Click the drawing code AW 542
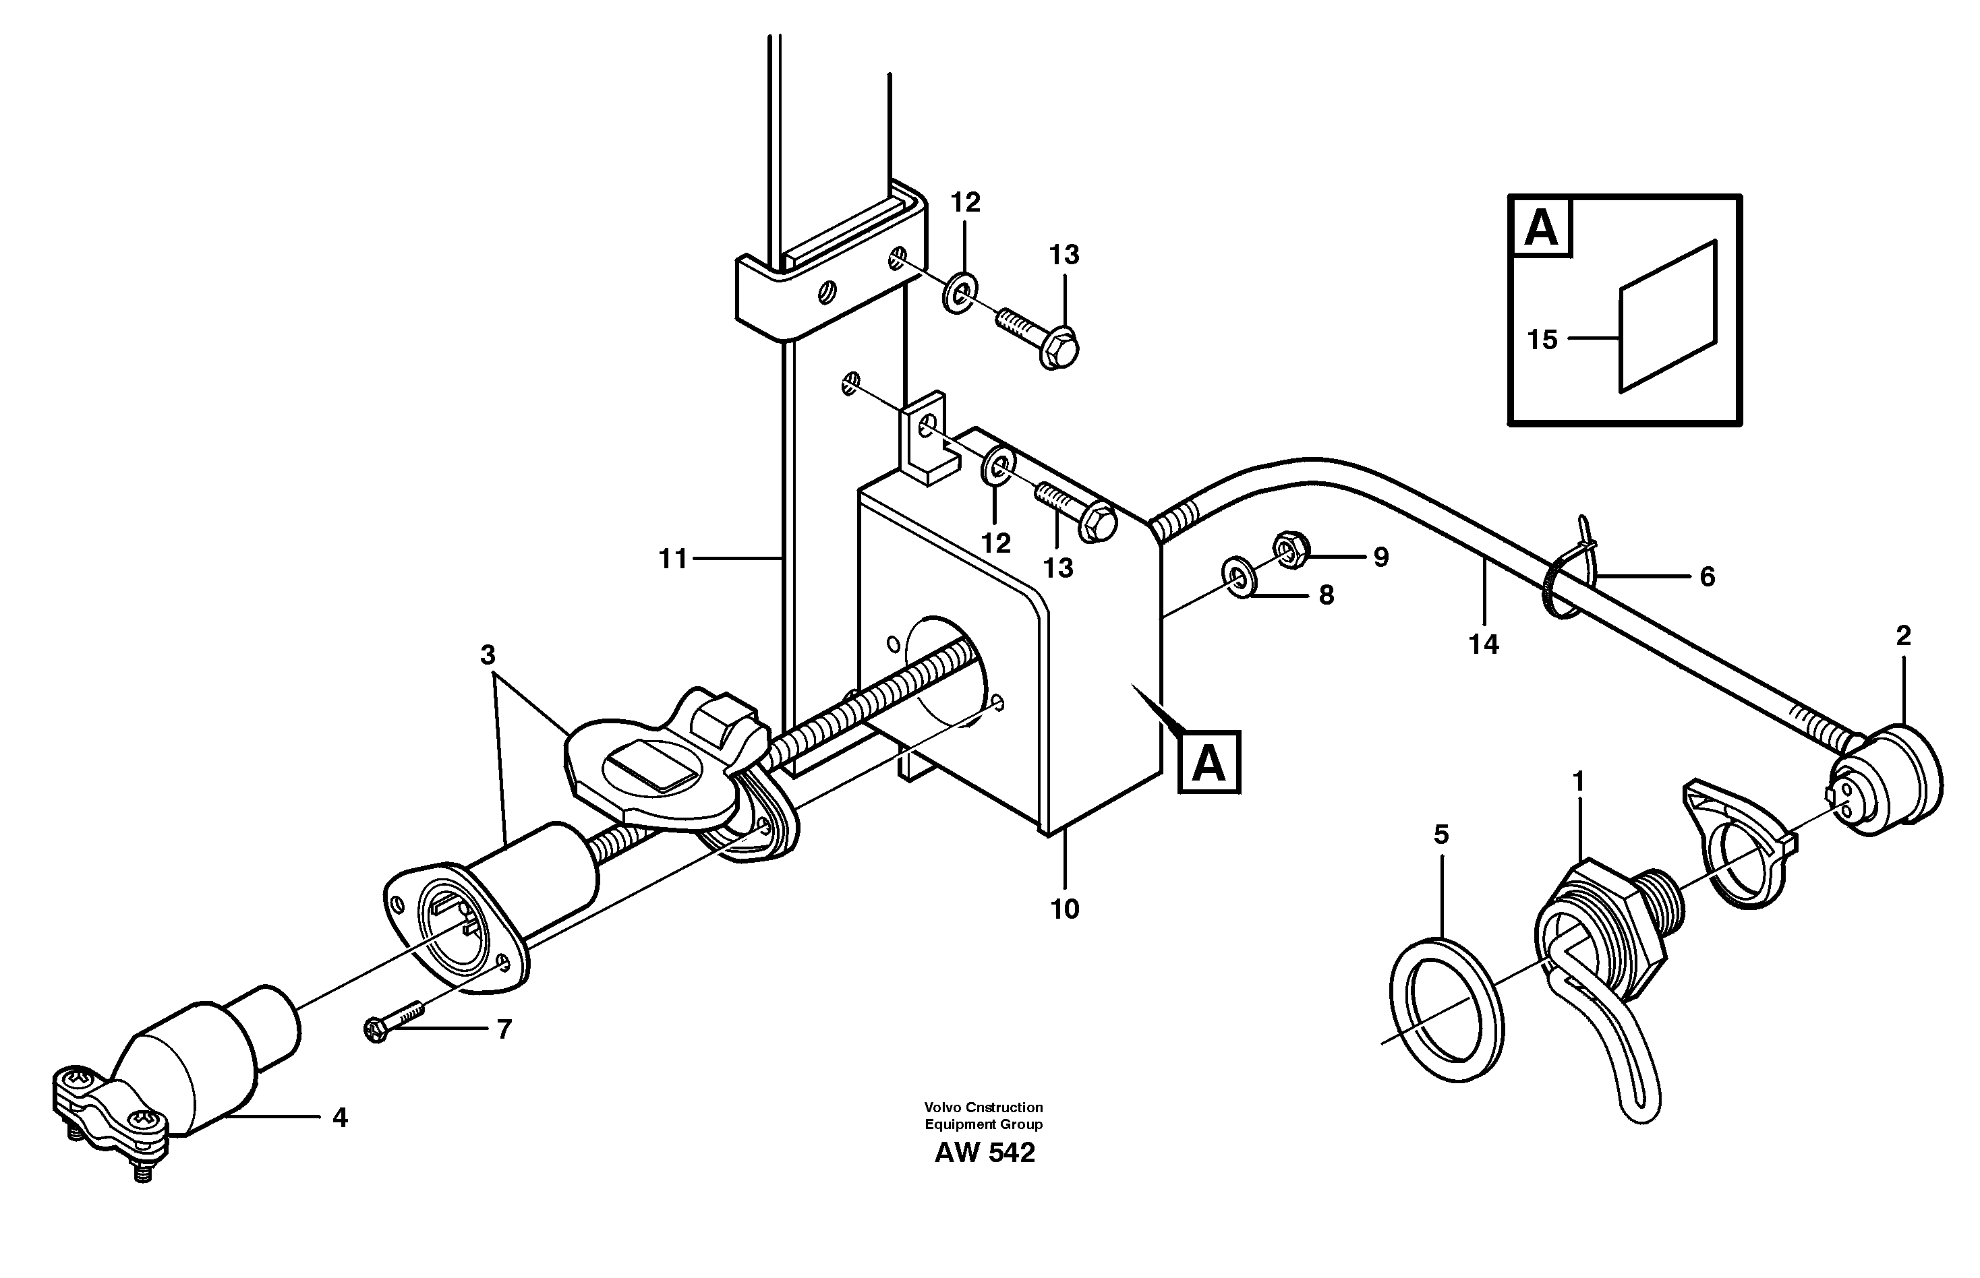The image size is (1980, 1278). (985, 1153)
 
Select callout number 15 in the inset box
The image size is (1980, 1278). (1542, 340)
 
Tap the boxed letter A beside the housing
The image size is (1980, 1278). (1208, 762)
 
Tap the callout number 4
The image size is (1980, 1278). (339, 1118)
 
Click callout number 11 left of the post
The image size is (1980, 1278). (672, 559)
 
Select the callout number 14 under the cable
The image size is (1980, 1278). (1484, 644)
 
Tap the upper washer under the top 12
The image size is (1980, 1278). (960, 291)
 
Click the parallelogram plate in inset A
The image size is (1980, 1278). (1667, 316)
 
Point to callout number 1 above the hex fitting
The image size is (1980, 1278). (1578, 782)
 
